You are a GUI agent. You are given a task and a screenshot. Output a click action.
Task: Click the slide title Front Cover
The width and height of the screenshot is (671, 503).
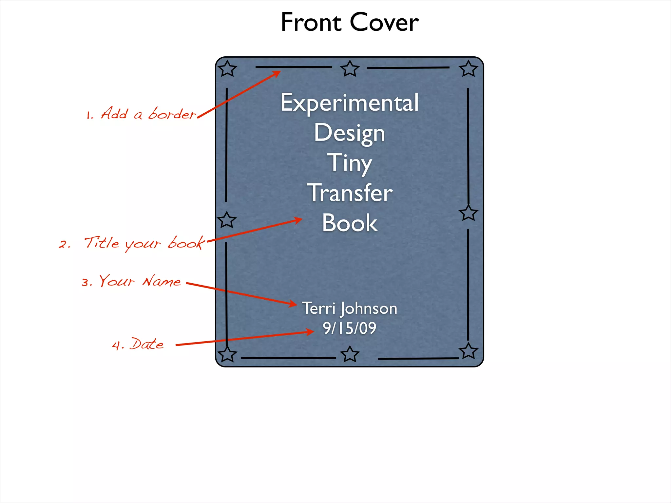click(350, 22)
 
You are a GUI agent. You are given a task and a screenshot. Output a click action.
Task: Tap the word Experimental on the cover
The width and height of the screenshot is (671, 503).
click(350, 103)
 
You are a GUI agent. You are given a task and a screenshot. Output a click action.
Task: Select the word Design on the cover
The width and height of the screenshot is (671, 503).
click(350, 133)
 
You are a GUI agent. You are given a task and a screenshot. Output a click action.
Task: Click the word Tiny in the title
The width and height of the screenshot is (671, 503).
click(350, 163)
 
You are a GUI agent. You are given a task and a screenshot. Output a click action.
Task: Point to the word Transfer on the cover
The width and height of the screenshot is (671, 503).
click(350, 193)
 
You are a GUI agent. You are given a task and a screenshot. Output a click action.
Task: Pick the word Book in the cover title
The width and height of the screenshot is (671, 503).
click(350, 223)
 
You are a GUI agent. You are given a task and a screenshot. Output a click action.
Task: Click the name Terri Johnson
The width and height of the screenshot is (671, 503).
click(350, 308)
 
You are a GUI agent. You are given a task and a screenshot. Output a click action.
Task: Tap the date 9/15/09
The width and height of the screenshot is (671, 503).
click(350, 328)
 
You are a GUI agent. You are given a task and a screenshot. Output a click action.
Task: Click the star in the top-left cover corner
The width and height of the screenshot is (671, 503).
click(227, 69)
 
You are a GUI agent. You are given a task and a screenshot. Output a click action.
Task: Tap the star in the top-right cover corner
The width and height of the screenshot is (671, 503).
click(469, 69)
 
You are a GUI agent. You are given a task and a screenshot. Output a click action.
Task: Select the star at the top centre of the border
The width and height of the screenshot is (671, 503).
click(350, 69)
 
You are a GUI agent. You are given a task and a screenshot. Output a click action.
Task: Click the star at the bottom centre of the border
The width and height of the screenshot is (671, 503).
click(350, 354)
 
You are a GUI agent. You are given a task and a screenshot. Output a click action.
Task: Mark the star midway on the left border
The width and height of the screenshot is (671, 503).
click(227, 219)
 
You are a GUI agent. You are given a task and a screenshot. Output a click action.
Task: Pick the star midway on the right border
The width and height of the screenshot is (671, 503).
click(469, 213)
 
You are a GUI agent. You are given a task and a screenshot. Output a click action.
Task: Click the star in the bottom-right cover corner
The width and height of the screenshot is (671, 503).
click(469, 351)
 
